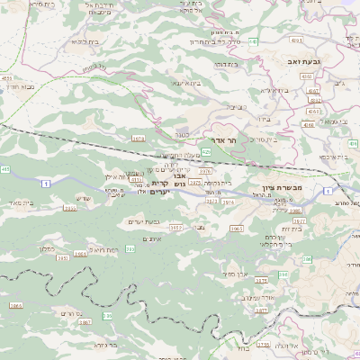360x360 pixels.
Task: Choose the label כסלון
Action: point(48,248)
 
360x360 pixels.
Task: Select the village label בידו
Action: point(263,119)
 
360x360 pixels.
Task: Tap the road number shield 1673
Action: point(138,139)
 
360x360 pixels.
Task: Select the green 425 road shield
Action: point(206,153)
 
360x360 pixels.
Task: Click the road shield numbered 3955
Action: point(137,179)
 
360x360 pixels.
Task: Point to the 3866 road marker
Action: point(15,306)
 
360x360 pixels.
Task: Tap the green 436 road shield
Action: point(353,143)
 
